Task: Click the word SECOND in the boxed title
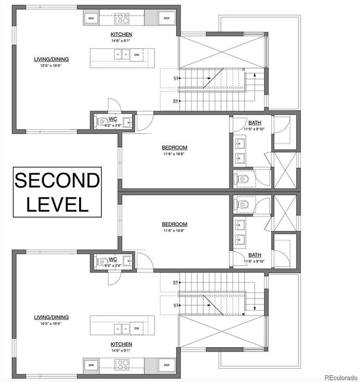tap(57, 180)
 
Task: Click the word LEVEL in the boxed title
tap(57, 204)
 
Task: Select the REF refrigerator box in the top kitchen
tap(166, 19)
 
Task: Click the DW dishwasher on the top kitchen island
tap(136, 54)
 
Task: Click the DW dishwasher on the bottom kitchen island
tap(136, 329)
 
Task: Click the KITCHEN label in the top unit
tap(121, 34)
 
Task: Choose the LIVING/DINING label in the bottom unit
tap(51, 317)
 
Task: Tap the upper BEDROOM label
tap(174, 147)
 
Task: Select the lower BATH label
tap(255, 255)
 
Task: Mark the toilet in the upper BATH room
tap(244, 178)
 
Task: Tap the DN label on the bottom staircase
tap(176, 283)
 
